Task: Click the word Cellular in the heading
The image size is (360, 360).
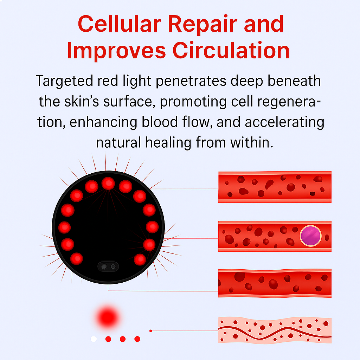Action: point(120,24)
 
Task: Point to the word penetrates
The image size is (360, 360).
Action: point(191,82)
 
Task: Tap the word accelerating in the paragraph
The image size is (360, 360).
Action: point(284,122)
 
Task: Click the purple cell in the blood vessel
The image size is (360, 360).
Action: point(310,236)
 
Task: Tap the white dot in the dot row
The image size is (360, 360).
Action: point(94,339)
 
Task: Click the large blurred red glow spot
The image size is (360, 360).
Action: point(108,317)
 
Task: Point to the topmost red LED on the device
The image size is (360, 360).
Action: point(108,184)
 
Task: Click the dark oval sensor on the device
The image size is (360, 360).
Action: point(108,266)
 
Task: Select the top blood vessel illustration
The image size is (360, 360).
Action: point(275,187)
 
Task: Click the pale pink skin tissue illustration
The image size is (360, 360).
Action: point(275,330)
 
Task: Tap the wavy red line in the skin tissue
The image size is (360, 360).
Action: point(275,333)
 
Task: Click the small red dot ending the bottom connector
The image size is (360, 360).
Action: point(150,331)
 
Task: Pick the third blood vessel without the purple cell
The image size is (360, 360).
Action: point(275,283)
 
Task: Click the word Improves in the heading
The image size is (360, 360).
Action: point(116,51)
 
